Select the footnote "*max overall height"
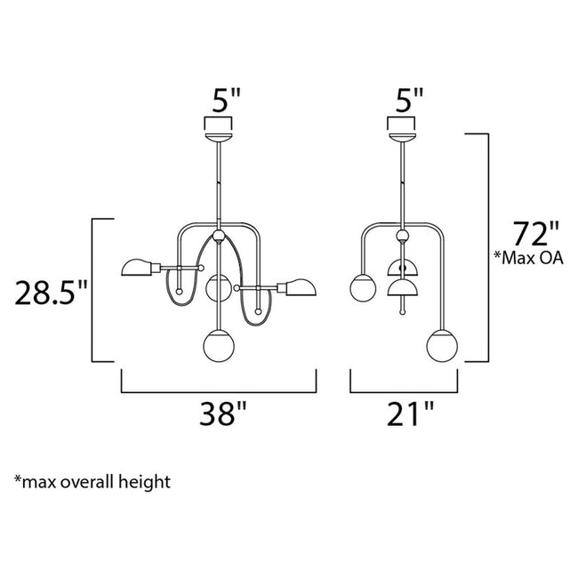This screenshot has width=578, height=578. pos(92,482)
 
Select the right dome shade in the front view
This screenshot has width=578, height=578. pos(301,286)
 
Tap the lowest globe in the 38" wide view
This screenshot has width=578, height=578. pos(218,345)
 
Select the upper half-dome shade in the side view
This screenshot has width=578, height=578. pos(403,267)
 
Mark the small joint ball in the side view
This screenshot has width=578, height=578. pos(403,237)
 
